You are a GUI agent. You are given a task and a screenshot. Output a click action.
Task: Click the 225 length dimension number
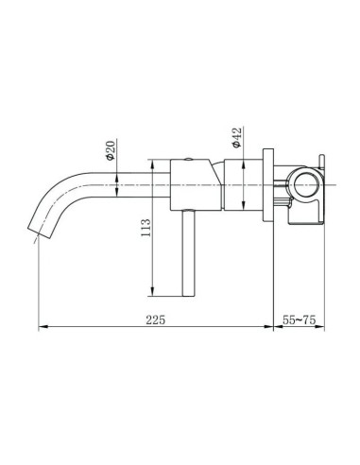click(157, 320)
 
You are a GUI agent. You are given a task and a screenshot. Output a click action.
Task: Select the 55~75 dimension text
click(299, 320)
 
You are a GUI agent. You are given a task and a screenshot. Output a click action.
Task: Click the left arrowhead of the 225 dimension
click(41, 329)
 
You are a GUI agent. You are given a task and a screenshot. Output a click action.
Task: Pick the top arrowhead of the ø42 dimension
click(246, 163)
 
